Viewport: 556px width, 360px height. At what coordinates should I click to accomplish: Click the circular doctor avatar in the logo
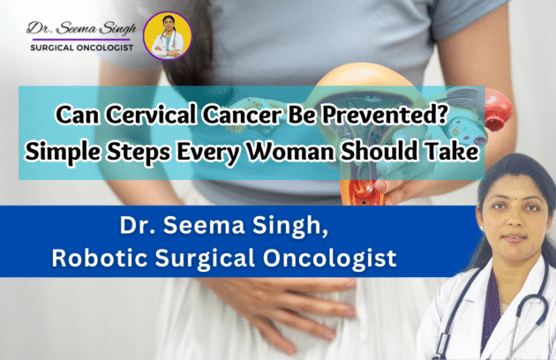click(167, 35)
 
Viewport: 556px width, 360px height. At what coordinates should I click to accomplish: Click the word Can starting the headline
click(74, 116)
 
